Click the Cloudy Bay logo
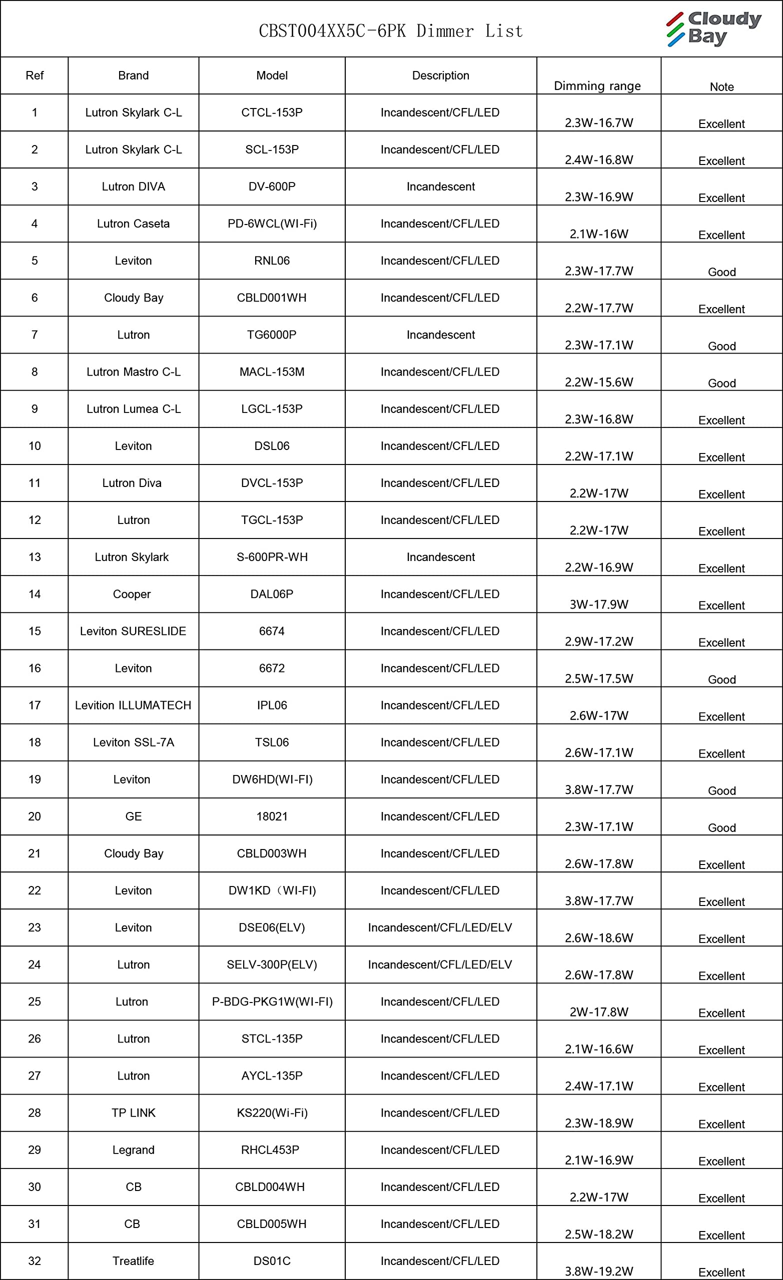(714, 28)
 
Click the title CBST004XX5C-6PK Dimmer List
(390, 31)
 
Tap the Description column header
(440, 75)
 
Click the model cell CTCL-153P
(271, 112)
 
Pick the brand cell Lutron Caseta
(133, 224)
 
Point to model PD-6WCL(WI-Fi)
(272, 224)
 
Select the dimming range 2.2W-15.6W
(599, 382)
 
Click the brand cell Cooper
(132, 594)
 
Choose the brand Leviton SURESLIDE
(133, 631)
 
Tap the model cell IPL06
(271, 705)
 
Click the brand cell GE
(133, 816)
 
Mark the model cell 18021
(271, 816)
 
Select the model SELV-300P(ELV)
(271, 964)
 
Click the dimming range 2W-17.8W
(599, 1012)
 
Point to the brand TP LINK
(133, 1112)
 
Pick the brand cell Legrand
(133, 1149)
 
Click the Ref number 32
(35, 1261)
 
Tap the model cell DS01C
(271, 1261)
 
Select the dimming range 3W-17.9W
(599, 604)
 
